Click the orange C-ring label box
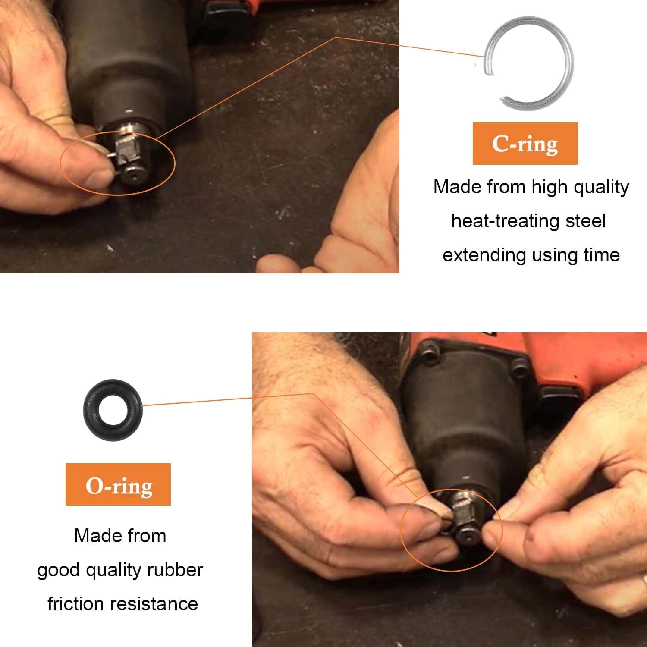pyautogui.click(x=525, y=144)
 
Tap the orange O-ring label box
pyautogui.click(x=118, y=484)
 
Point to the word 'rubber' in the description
pyautogui.click(x=175, y=570)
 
